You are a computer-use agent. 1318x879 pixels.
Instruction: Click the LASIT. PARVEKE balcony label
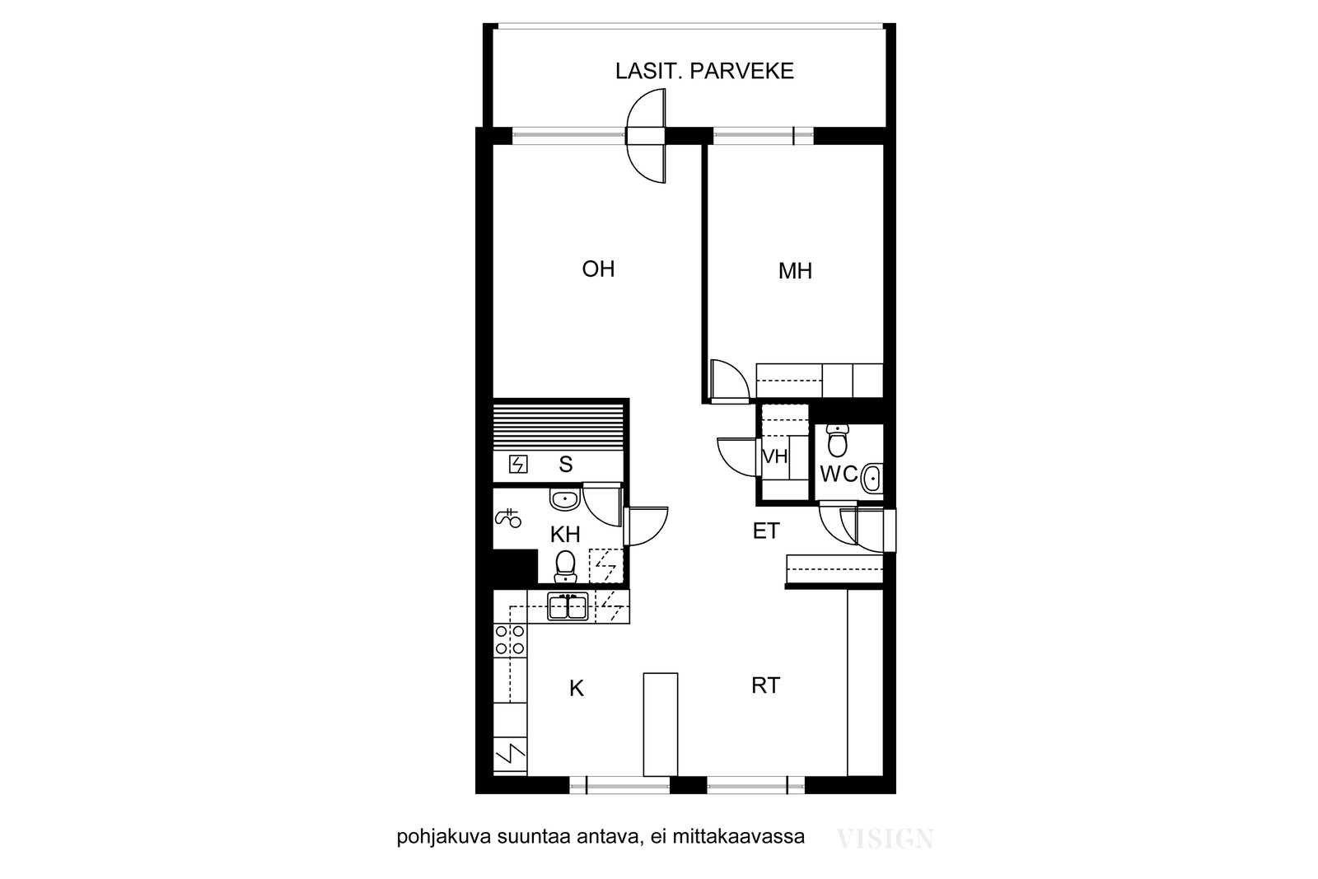(x=704, y=71)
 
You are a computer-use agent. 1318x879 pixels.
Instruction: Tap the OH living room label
(x=598, y=269)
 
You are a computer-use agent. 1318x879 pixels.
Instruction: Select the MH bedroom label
(x=795, y=271)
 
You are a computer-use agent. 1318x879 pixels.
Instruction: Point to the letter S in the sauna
(x=565, y=464)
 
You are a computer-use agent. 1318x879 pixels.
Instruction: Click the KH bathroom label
(x=565, y=534)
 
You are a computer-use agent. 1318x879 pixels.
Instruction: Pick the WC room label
(x=839, y=475)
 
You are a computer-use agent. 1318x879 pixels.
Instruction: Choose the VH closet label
(x=775, y=456)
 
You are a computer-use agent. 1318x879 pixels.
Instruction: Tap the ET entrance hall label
(x=766, y=531)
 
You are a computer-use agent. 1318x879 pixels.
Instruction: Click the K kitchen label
(x=576, y=689)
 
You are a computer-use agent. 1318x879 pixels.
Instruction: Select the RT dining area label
(x=765, y=685)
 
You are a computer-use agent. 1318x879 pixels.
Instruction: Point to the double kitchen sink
(x=568, y=606)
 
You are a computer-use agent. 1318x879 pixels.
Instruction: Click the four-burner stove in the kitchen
(x=510, y=640)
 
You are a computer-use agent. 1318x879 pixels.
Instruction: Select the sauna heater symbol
(x=518, y=464)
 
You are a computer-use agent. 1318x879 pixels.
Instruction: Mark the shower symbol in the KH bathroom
(x=507, y=518)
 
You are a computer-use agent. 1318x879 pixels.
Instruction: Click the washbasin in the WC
(x=872, y=479)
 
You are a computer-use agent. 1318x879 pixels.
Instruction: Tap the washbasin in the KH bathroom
(x=565, y=499)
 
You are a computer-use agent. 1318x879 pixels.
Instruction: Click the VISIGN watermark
(x=885, y=839)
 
